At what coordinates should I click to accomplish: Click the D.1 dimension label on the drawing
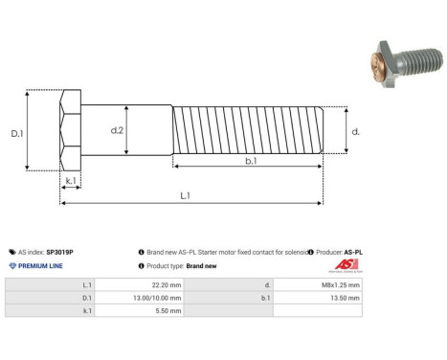click(17, 134)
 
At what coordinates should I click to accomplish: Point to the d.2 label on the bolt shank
click(118, 130)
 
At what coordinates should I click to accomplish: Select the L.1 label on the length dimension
click(185, 196)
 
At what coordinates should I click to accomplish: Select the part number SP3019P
click(59, 252)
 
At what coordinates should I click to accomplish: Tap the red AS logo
click(345, 265)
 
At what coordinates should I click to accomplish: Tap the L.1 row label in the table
click(87, 285)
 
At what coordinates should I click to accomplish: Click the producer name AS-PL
click(353, 252)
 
